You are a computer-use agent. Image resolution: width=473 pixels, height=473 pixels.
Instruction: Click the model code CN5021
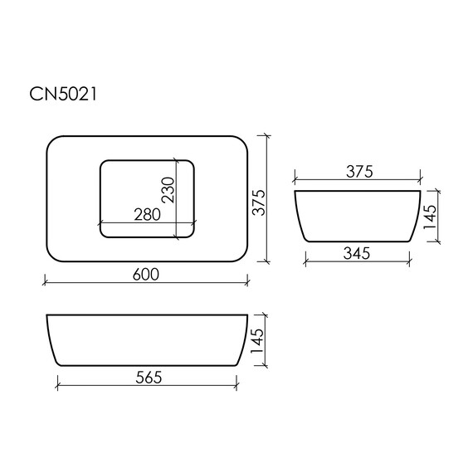63,94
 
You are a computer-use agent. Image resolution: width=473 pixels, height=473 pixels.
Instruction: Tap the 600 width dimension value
146,274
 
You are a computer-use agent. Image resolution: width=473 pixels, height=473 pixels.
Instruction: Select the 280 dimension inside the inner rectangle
147,215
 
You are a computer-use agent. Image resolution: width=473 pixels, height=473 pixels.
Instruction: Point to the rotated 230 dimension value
168,190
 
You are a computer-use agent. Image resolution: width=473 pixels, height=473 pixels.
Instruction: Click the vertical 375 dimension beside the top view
259,202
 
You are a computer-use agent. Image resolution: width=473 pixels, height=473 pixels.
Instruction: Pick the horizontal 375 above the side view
359,172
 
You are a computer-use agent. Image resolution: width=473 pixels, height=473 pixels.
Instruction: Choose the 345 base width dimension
357,253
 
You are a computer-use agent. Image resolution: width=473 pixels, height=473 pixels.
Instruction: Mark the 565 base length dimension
149,378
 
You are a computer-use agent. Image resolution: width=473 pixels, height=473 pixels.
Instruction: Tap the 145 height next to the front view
256,340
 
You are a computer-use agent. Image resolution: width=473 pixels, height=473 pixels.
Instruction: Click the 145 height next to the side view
430,217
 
